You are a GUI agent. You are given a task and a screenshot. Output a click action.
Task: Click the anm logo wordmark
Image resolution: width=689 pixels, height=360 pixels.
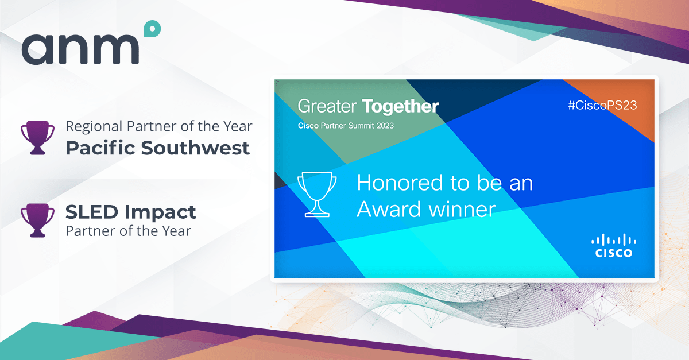point(80,49)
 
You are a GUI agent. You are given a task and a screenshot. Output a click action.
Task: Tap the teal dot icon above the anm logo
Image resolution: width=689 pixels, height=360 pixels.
point(152,29)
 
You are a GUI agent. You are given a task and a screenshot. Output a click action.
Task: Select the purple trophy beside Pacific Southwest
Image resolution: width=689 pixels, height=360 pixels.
point(37,138)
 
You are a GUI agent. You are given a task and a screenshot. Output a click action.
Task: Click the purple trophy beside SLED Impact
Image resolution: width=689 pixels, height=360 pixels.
point(37,220)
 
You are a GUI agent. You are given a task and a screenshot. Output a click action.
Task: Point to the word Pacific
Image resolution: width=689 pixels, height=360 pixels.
point(100,148)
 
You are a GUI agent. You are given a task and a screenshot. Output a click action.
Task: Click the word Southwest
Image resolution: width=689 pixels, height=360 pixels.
point(195,148)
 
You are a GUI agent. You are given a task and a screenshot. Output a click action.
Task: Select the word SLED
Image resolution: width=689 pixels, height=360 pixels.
point(92,212)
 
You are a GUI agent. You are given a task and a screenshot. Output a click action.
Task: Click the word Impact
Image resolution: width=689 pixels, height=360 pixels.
point(160,213)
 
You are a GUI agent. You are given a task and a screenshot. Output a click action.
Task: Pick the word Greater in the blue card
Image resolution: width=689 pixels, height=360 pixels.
point(327,106)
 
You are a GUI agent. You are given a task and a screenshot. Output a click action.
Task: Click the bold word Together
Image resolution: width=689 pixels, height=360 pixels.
point(401,106)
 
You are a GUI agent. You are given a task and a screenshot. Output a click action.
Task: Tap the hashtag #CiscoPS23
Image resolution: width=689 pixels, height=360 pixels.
point(602,105)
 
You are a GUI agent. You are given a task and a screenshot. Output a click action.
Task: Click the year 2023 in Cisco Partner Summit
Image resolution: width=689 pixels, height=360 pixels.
point(385,126)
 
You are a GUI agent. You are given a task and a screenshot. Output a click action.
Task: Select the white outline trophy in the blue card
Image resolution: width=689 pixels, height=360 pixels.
point(317,195)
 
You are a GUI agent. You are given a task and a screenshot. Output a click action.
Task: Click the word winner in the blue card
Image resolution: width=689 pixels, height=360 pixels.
point(462,209)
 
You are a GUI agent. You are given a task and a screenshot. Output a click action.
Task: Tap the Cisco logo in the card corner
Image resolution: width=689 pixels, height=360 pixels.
point(614,246)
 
